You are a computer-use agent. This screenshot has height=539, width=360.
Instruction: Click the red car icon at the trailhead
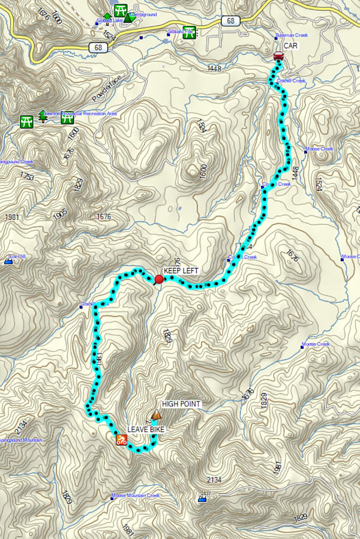pyautogui.click(x=278, y=56)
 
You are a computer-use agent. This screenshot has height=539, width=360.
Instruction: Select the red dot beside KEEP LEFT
pyautogui.click(x=159, y=279)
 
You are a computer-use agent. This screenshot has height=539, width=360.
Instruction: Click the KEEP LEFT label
pyautogui.click(x=181, y=271)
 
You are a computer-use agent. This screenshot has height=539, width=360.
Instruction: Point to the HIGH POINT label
pyautogui.click(x=181, y=404)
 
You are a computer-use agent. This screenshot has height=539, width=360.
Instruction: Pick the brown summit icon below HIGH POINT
pyautogui.click(x=157, y=414)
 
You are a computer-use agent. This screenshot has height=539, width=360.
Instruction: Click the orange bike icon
pyautogui.click(x=121, y=441)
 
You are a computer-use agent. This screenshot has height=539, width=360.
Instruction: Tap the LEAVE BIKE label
pyautogui.click(x=146, y=430)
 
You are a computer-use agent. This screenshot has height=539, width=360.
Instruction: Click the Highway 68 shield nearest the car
pyautogui.click(x=230, y=21)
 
